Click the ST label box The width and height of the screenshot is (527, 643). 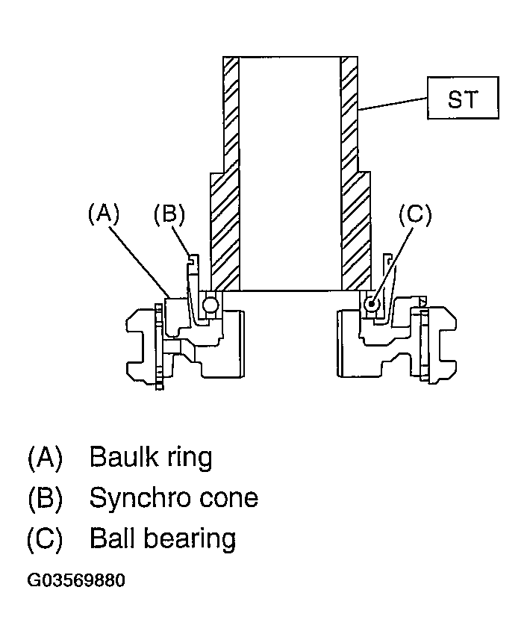(x=463, y=98)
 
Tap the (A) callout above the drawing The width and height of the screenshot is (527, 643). (x=104, y=214)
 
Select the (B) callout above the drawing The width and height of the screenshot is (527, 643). (x=169, y=214)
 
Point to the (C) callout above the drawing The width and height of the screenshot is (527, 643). (x=416, y=214)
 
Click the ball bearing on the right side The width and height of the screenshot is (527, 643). (x=372, y=304)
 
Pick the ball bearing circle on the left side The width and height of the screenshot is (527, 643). (x=211, y=304)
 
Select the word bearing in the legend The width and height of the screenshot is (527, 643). (x=191, y=539)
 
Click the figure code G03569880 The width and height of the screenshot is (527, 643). (x=76, y=581)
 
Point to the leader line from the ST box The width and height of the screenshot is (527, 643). (x=393, y=104)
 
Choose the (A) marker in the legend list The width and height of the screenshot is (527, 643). (x=45, y=457)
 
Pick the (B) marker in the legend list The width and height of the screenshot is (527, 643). (x=45, y=498)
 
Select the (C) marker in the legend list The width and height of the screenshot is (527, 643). (x=45, y=539)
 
